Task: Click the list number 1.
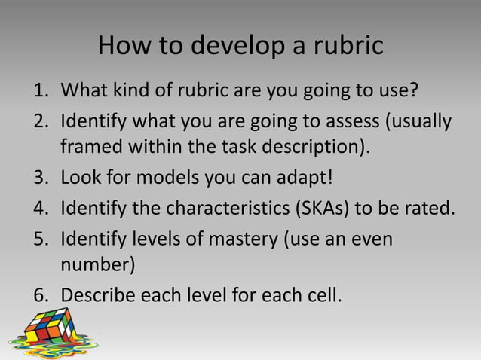38,93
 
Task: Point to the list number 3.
38,178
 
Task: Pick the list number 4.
38,206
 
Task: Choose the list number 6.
38,292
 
